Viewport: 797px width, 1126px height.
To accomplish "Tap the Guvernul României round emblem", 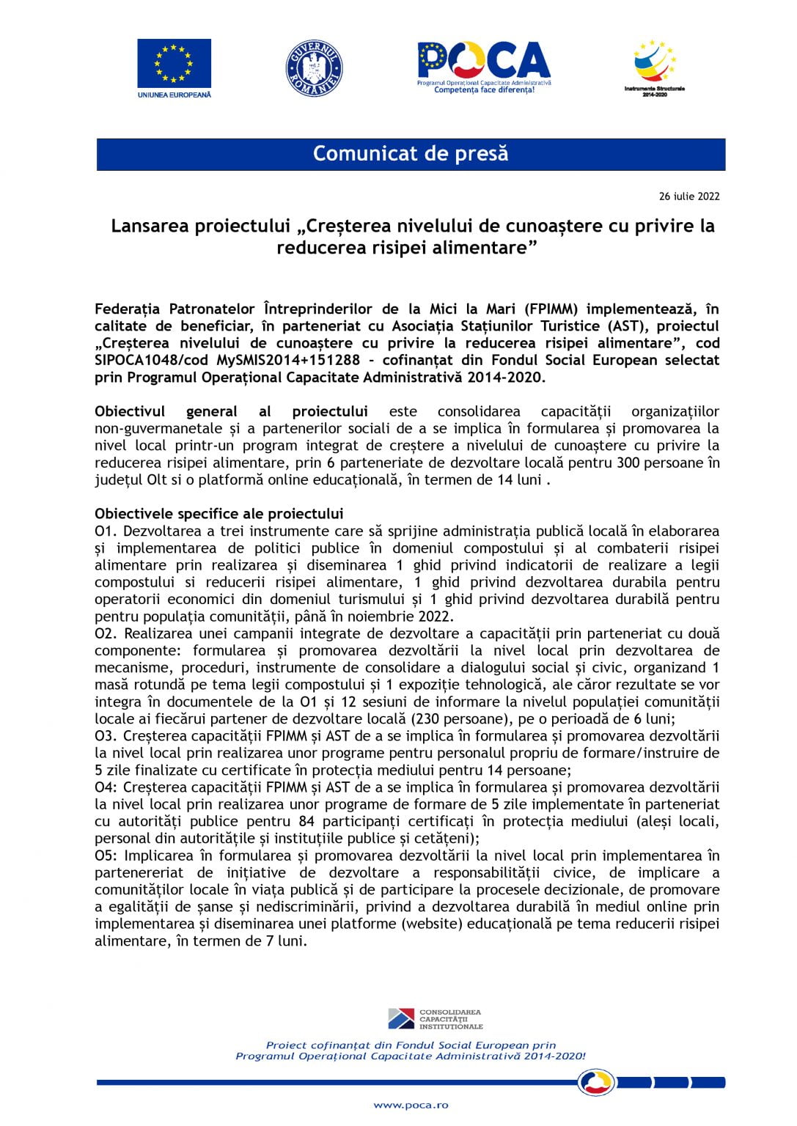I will coord(314,68).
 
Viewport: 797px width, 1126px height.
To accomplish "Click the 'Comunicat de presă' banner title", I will coord(411,154).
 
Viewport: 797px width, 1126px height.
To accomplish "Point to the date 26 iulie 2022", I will coord(689,196).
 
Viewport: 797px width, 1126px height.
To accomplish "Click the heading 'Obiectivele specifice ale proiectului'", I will coord(219,514).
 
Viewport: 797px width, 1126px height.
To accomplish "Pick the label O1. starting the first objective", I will coord(106,531).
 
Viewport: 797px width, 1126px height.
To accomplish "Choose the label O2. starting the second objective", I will coord(106,633).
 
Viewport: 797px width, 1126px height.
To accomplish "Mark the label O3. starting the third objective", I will coord(106,736).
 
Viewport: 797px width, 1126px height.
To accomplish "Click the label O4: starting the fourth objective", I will coord(106,787).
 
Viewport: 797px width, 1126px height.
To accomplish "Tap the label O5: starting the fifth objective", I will coord(106,855).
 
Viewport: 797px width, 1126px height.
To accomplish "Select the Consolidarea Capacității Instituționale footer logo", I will coord(436,1019).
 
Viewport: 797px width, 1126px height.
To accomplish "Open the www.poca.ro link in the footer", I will coord(411,1105).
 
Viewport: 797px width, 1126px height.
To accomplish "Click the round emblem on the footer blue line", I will coord(597,1082).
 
